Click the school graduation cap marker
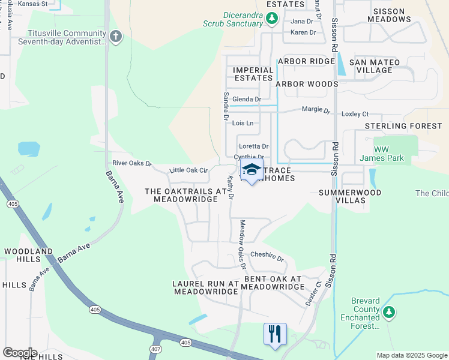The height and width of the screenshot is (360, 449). [252, 170]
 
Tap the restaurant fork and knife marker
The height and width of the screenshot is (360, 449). [275, 334]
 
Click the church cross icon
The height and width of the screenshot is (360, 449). [116, 37]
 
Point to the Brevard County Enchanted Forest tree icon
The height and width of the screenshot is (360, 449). [389, 312]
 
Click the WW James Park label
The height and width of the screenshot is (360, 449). [382, 154]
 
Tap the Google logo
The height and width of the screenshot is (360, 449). [19, 352]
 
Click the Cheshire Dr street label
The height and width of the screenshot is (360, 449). [267, 256]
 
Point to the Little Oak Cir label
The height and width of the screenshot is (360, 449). [188, 171]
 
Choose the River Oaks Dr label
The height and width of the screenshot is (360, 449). [133, 163]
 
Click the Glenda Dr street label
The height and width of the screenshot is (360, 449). [247, 99]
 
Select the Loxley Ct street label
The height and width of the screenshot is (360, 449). [355, 114]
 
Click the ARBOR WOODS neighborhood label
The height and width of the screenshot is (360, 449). [307, 84]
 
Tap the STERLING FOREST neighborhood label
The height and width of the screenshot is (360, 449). [403, 126]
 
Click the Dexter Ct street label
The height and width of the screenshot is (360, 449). [313, 294]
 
